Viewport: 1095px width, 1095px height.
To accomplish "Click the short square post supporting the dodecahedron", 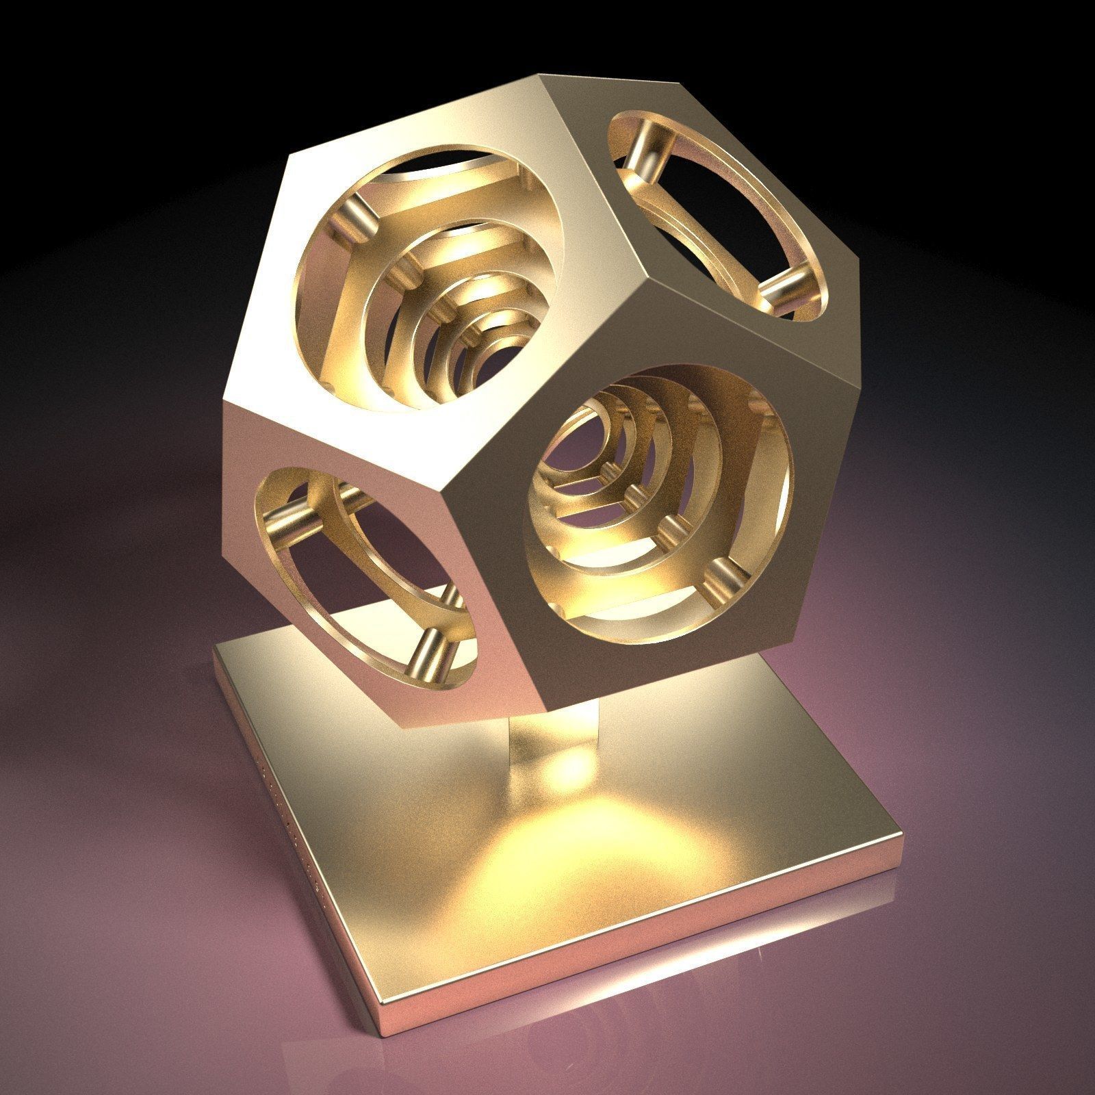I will pos(554,746).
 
